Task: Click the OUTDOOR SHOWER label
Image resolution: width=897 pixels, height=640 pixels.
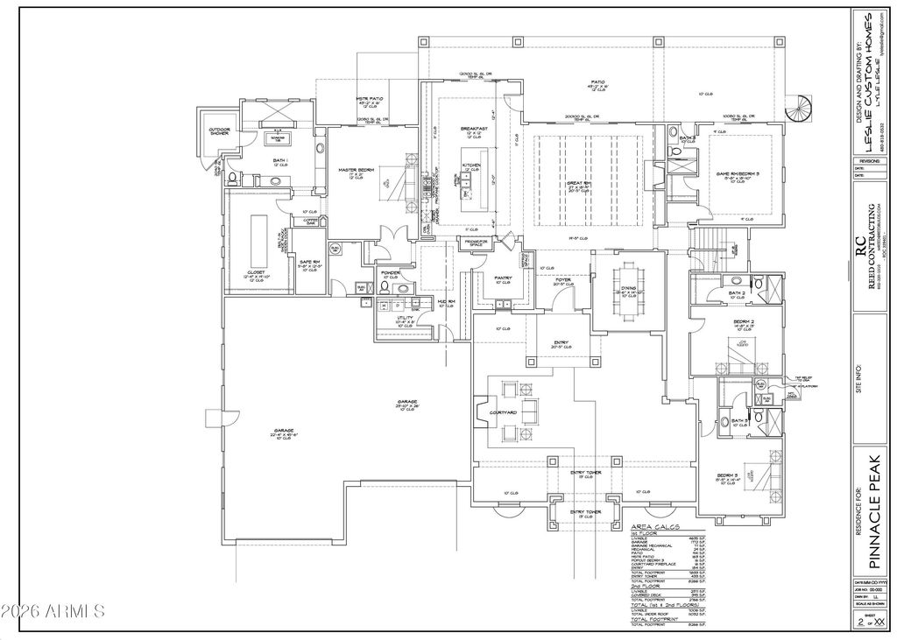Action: pos(218,131)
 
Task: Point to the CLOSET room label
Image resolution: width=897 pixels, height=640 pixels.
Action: pos(256,272)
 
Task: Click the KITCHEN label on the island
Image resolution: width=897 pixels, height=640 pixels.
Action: pos(472,165)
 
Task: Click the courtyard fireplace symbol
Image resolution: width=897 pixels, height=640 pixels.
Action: pos(481,411)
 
